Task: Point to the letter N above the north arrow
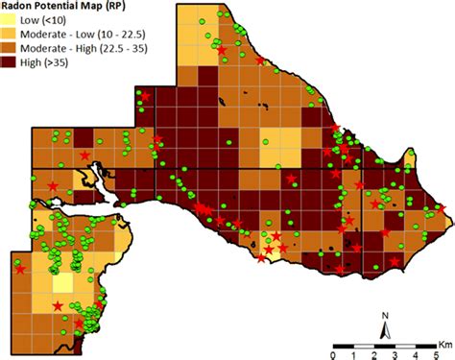(384, 315)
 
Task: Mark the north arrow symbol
(384, 330)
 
